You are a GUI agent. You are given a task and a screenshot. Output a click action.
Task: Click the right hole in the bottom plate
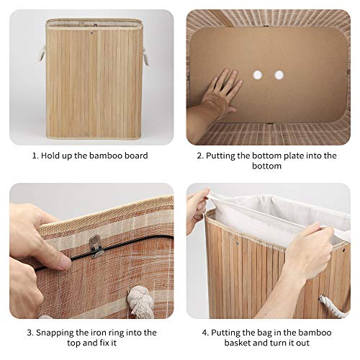(x=279, y=75)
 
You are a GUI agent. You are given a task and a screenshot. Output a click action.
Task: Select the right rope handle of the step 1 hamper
(x=145, y=55)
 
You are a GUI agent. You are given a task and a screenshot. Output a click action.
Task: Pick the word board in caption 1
(x=134, y=156)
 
